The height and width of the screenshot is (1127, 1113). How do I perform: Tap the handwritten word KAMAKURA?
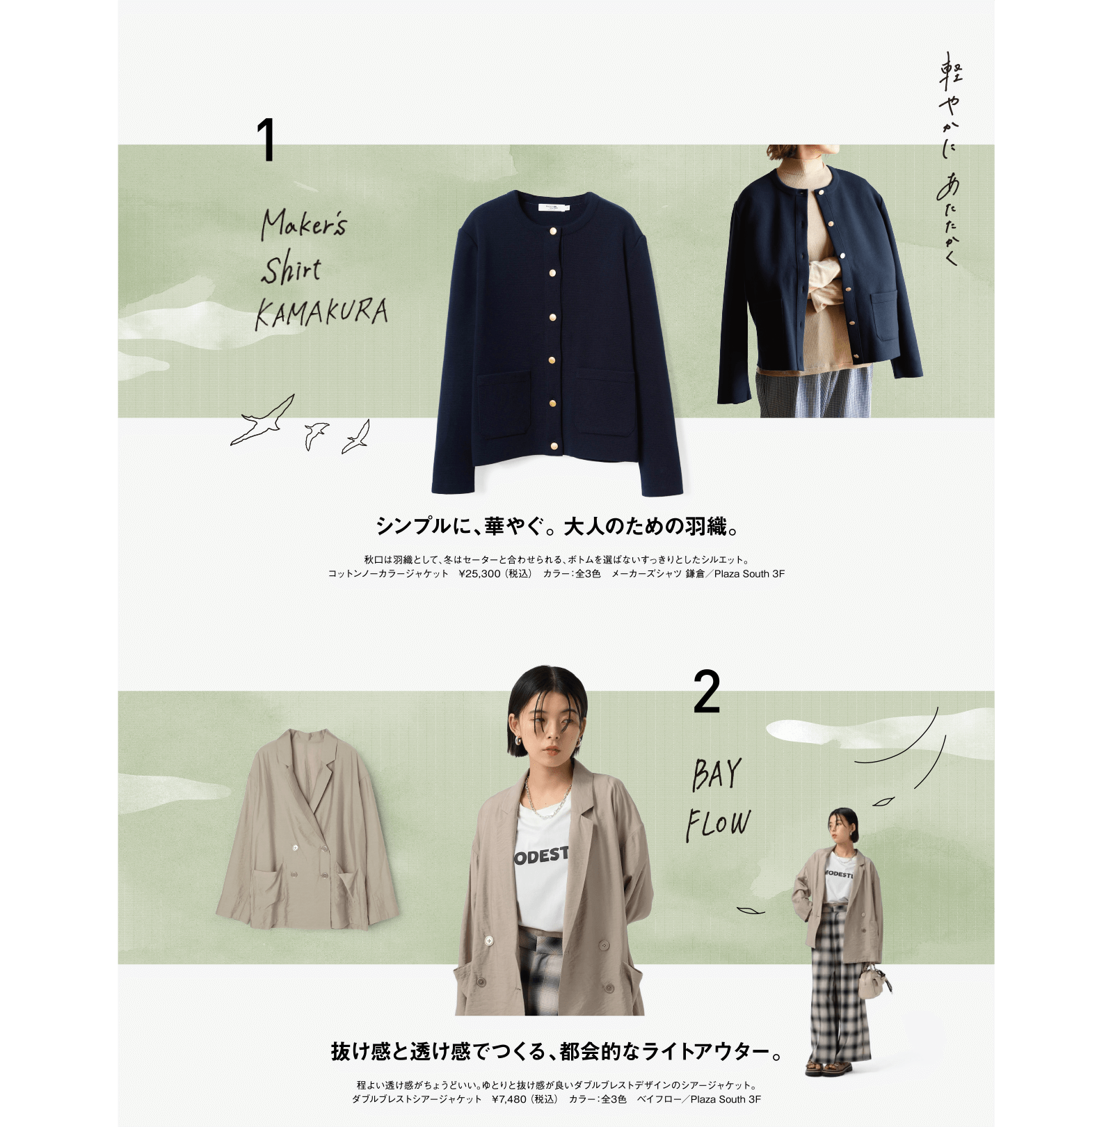(x=321, y=312)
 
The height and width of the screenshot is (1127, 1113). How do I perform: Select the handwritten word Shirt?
(x=291, y=269)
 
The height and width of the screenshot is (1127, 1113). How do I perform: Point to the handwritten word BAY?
(x=716, y=774)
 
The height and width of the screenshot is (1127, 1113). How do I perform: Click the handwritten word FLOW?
(x=719, y=825)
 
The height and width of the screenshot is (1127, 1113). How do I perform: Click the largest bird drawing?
(x=263, y=420)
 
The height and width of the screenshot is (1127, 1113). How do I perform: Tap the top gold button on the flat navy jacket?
(x=554, y=231)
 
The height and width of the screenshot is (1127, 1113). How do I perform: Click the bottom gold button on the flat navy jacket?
(x=554, y=446)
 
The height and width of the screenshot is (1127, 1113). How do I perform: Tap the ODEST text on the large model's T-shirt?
(x=542, y=856)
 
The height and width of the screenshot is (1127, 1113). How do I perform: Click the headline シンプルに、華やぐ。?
(x=460, y=527)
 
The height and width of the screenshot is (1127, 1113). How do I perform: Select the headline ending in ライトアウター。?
(x=557, y=1051)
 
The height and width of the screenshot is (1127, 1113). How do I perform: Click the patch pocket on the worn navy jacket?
(x=883, y=315)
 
